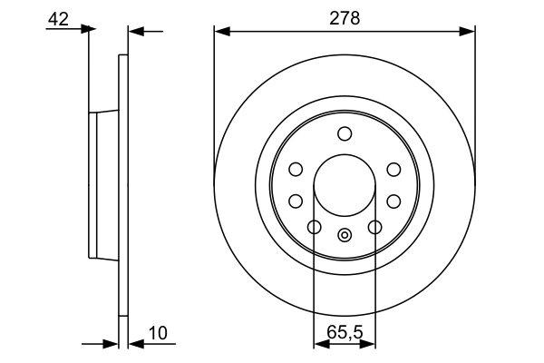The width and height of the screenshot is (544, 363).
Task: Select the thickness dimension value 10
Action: (x=158, y=333)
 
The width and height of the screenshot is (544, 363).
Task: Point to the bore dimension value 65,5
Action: (x=345, y=333)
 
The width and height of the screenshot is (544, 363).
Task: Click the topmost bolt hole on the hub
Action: (x=345, y=134)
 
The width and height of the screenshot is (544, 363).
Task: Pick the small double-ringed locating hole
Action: (x=345, y=236)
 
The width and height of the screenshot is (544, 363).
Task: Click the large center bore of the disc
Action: (x=345, y=186)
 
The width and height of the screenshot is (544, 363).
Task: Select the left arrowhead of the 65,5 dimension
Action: (x=319, y=344)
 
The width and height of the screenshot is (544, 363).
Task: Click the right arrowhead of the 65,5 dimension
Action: (x=370, y=344)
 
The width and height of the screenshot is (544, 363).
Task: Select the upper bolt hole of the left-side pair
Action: (x=296, y=169)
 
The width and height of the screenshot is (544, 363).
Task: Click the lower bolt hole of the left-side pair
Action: (x=296, y=201)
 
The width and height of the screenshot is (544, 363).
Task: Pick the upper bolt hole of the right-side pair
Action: (x=393, y=169)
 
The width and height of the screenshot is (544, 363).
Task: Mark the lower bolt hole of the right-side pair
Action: (x=393, y=201)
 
